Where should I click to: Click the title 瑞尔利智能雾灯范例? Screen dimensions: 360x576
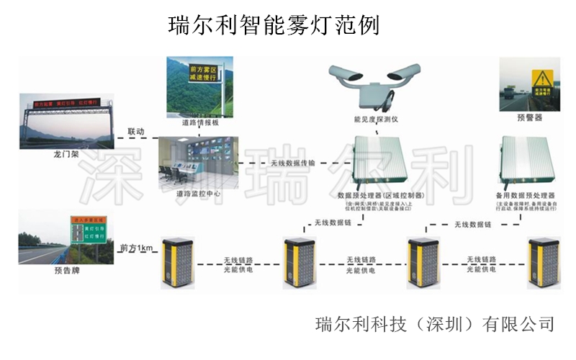click(x=274, y=26)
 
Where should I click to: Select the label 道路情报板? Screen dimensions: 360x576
click(x=196, y=123)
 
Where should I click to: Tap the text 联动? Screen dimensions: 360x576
click(x=136, y=132)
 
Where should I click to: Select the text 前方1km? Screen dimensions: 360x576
click(x=136, y=248)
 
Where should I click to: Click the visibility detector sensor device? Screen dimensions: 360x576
click(x=375, y=82)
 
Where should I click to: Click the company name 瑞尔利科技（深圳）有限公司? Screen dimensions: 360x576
click(x=435, y=324)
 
